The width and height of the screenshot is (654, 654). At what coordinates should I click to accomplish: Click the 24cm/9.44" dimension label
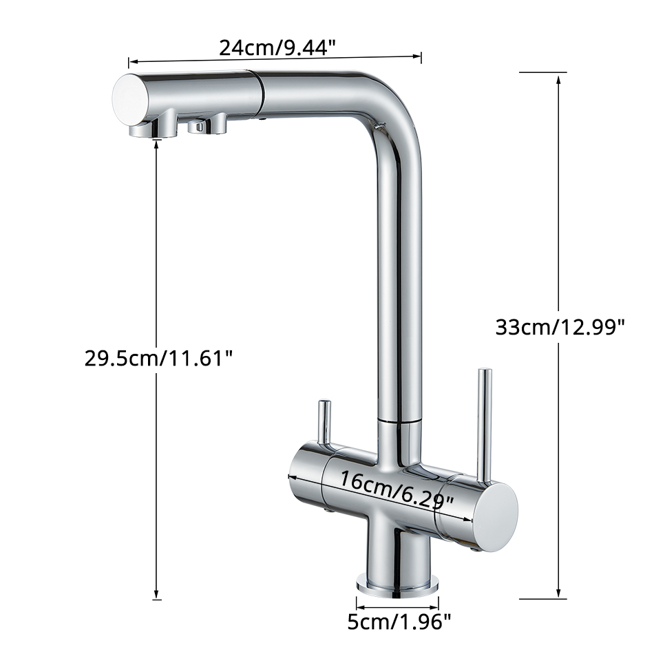pyautogui.click(x=277, y=48)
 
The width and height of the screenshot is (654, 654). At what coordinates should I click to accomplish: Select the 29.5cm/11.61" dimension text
pyautogui.click(x=158, y=357)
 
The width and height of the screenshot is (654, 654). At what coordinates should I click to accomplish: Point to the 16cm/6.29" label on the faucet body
pyautogui.click(x=397, y=492)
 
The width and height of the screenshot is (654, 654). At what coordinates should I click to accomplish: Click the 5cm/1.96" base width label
pyautogui.click(x=399, y=623)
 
